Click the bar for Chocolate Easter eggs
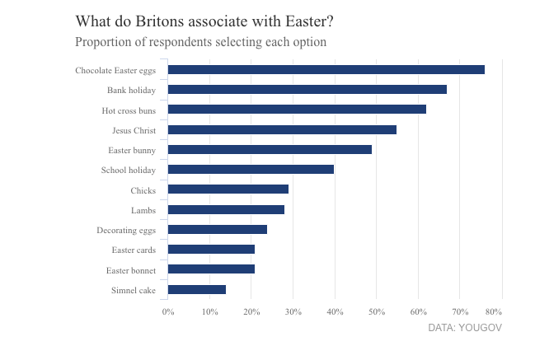(x=326, y=70)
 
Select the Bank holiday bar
(x=307, y=90)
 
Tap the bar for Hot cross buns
(x=297, y=110)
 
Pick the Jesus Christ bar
(x=282, y=129)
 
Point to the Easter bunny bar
(x=270, y=150)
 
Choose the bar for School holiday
(x=251, y=170)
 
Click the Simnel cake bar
(x=196, y=289)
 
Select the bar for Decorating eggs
(x=217, y=230)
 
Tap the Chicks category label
(x=143, y=190)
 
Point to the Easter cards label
(x=133, y=250)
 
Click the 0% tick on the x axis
(x=167, y=311)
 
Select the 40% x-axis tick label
(x=335, y=311)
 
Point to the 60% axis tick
(x=418, y=311)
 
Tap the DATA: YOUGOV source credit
(x=464, y=328)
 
